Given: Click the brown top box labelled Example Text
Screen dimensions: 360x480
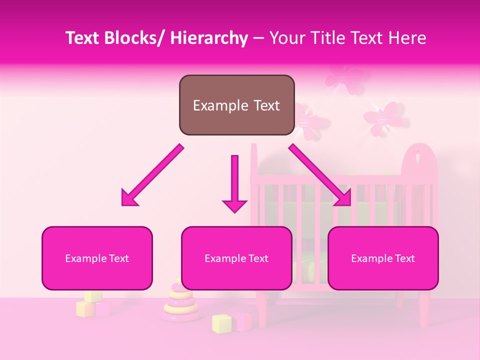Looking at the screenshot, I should click(x=236, y=105).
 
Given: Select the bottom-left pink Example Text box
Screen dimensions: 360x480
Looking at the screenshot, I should click(x=97, y=258).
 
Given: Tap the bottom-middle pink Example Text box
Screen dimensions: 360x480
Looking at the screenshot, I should click(x=236, y=258).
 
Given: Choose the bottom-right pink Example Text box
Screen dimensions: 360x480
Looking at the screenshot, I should click(x=383, y=258).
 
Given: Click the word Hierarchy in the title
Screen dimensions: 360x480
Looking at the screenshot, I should click(x=209, y=38).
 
